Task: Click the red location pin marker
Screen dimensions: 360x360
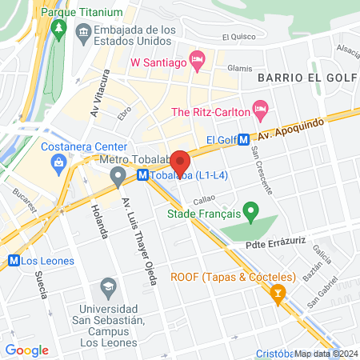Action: tap(180, 162)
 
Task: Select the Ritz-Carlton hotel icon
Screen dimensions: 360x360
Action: tap(259, 108)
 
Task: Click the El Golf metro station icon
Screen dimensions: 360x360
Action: tap(243, 139)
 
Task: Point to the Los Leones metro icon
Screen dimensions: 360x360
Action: tap(13, 261)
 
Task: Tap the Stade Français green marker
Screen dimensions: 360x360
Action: tap(250, 214)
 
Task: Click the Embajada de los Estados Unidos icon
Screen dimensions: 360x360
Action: tap(83, 32)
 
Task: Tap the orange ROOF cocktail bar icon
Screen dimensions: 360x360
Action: tap(278, 294)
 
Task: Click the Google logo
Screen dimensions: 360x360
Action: tap(26, 350)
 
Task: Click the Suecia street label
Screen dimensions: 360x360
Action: tap(41, 282)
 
